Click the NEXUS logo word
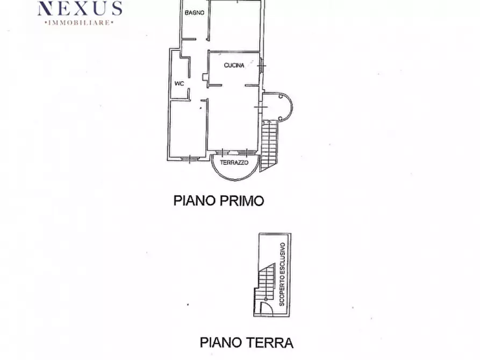pos(80,9)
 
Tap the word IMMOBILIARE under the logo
pos(80,23)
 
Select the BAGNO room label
pos(194,12)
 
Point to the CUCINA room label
pos(234,66)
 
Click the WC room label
pos(179,83)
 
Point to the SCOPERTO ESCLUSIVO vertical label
pos(282,274)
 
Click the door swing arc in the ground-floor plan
pos(264,307)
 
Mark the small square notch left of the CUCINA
pos(205,77)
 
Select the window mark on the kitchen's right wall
pos(261,67)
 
